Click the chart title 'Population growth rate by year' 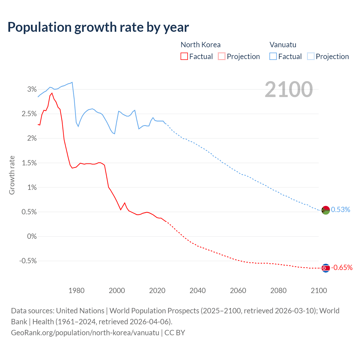tap(98, 27)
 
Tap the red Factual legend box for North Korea tap(184, 56)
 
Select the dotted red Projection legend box tap(222, 56)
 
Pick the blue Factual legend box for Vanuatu tap(273, 56)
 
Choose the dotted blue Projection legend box tap(310, 56)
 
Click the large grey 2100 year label tap(289, 89)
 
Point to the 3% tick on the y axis tap(32, 89)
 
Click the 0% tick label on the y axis tap(32, 237)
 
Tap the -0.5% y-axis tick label tap(28, 261)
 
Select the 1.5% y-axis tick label tap(29, 163)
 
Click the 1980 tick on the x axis tap(76, 291)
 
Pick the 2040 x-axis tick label tap(197, 291)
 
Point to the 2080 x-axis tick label tap(278, 291)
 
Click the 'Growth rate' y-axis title tap(12, 175)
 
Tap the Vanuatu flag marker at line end tap(325, 210)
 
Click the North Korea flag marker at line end tap(325, 268)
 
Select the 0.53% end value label tap(341, 210)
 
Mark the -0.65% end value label tap(342, 268)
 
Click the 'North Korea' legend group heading tap(200, 45)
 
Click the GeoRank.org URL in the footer tap(85, 333)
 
